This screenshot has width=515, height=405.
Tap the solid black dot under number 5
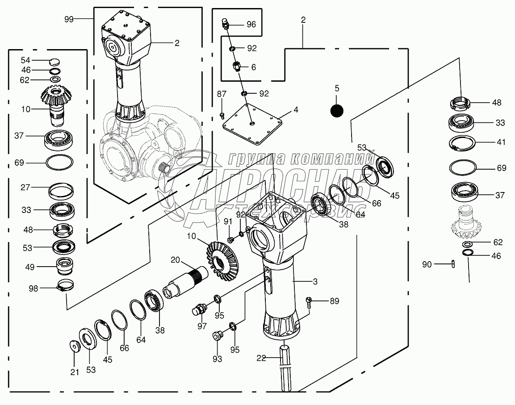pos(337,109)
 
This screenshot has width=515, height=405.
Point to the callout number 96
pos(251,25)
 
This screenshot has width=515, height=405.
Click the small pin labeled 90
pos(453,264)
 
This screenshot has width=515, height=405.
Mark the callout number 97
pos(202,326)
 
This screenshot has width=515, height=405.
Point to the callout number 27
pos(25,187)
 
